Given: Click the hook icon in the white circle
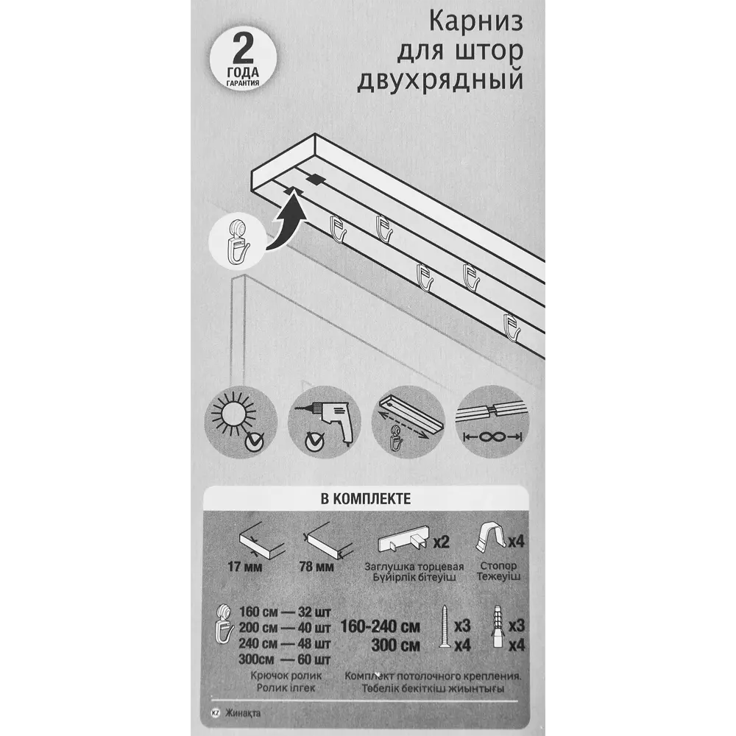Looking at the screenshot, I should (238, 244).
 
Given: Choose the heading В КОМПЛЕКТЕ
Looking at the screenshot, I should (366, 498).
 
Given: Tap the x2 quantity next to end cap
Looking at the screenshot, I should (441, 543).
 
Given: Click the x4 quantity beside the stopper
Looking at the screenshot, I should (516, 542).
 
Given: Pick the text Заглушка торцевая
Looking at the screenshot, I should (414, 567).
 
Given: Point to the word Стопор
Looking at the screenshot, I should (502, 567).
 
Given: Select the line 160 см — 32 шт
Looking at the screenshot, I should (284, 612).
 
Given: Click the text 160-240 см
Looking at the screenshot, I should (380, 627).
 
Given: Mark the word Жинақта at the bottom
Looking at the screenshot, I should (243, 712).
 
